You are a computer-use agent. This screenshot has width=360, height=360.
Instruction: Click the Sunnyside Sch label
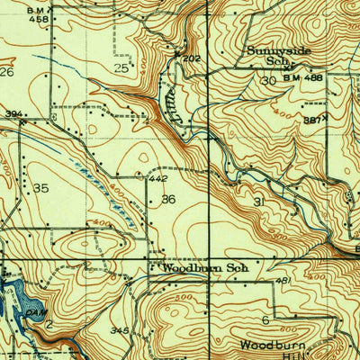[x=280, y=57]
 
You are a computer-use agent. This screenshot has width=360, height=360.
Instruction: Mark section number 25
[x=121, y=67]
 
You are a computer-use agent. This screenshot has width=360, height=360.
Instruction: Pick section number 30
[x=267, y=81]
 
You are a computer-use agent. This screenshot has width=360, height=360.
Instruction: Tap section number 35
[x=40, y=187]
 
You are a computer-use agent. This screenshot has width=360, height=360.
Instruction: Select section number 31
[x=261, y=202]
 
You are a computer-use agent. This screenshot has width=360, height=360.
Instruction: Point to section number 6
[x=265, y=320]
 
